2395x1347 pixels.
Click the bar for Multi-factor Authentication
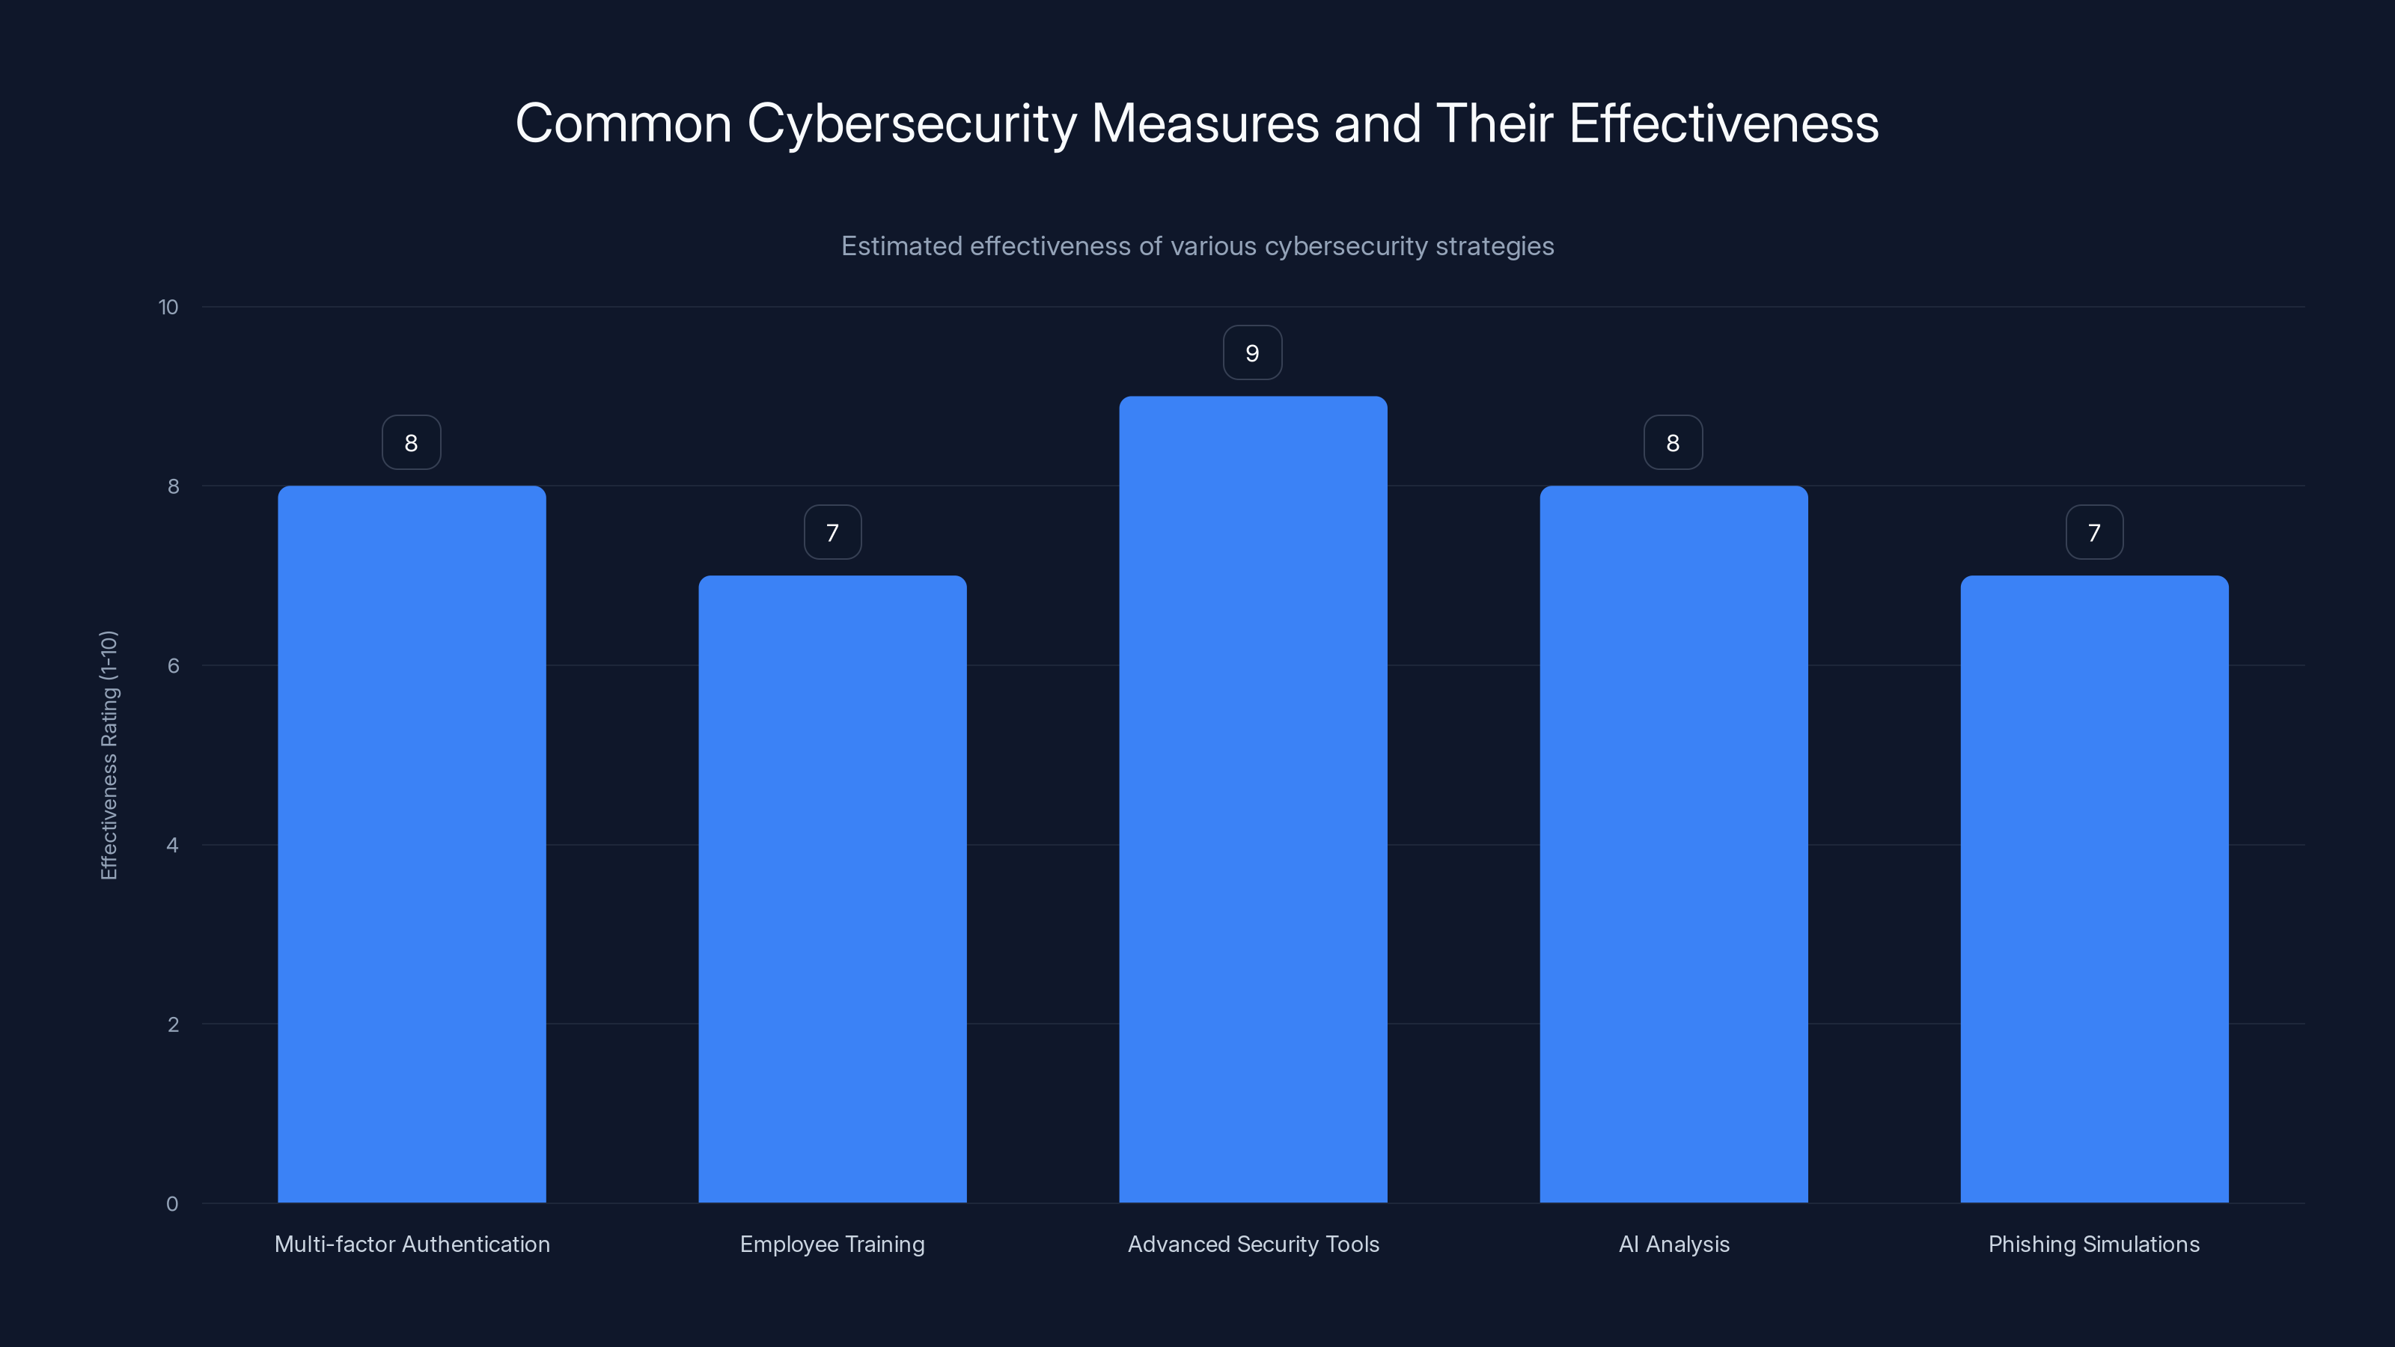pos(412,844)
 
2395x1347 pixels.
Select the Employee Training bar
pos(832,889)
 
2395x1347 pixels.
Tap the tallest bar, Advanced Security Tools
pos(1252,799)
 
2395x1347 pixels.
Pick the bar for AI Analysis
pos(1674,844)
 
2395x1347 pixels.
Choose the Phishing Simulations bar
pos(2094,889)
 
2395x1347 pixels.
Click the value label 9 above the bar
pos(1252,353)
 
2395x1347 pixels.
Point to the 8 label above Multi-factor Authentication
pos(411,442)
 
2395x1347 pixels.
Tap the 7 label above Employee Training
pos(832,533)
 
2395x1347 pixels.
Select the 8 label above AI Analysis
pos(1673,442)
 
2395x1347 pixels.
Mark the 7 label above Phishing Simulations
pos(2094,533)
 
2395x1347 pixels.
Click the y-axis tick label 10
pos(168,307)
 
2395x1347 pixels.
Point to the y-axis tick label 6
pos(173,665)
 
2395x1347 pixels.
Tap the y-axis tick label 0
pos(172,1204)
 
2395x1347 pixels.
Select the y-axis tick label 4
pos(172,845)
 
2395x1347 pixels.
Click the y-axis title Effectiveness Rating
pos(109,755)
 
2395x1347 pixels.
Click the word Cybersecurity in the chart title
pos(911,123)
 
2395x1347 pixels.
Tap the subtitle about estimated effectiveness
pos(1197,246)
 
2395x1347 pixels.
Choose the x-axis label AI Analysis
pos(1674,1244)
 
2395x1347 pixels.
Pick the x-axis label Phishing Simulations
pos(2094,1244)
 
